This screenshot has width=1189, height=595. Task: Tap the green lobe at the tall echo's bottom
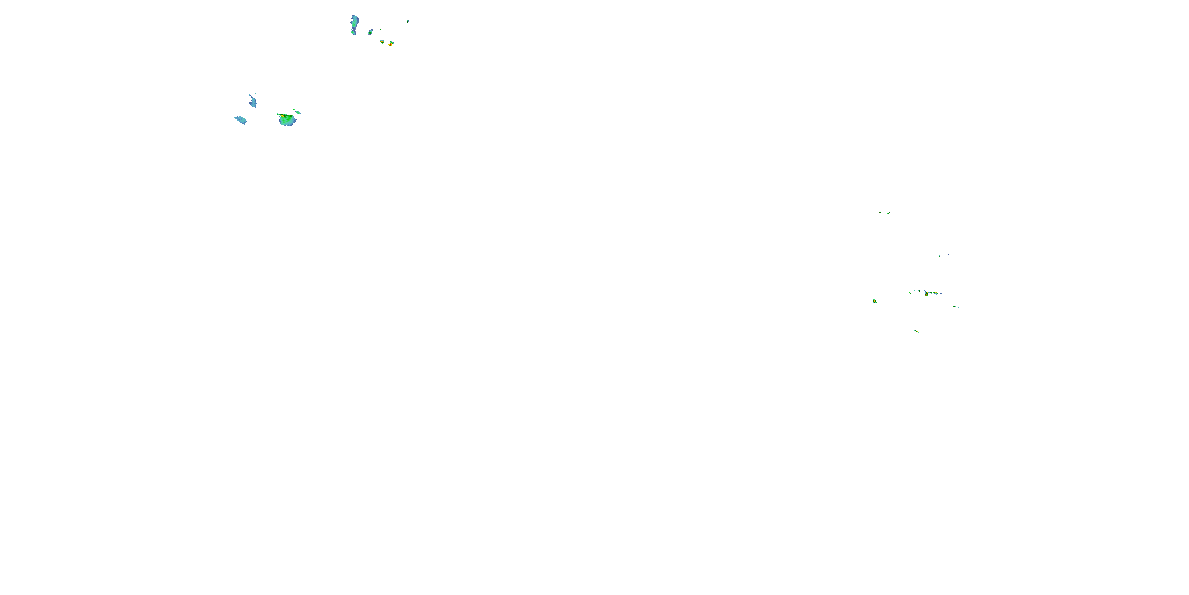pos(354,33)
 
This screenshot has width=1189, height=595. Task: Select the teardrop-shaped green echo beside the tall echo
pos(370,31)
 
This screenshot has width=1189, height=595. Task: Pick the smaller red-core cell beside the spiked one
pos(382,42)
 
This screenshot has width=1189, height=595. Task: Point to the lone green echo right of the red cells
pos(407,21)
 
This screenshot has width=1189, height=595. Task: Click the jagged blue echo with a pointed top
pos(253,100)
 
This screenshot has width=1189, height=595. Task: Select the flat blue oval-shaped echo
pos(241,120)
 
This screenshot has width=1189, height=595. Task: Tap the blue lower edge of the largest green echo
pos(287,124)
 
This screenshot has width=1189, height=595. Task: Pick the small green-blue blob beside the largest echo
pos(298,112)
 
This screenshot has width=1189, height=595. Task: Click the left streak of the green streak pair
pos(880,213)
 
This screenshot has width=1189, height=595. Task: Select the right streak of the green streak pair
pos(888,213)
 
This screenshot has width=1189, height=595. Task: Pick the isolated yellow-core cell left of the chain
pos(874,301)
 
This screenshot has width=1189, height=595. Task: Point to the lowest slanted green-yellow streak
pos(917,331)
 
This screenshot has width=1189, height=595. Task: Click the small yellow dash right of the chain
pos(954,306)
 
